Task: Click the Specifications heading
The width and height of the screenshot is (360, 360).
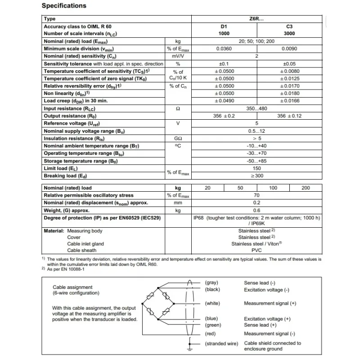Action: point(63,6)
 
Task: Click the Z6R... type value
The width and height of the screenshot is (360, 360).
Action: point(256,19)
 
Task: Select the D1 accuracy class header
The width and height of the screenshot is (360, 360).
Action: point(224,27)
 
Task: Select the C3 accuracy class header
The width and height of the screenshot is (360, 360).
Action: point(289,27)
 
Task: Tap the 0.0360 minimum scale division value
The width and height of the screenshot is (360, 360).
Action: point(224,48)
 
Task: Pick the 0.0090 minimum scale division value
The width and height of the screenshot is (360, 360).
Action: point(289,48)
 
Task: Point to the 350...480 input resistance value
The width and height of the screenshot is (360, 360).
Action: point(256,108)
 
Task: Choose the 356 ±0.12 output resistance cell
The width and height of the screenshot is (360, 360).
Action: point(289,116)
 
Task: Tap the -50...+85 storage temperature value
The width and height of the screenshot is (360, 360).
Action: point(256,161)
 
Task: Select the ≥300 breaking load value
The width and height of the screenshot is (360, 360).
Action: point(256,175)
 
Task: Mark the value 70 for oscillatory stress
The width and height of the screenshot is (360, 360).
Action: point(256,195)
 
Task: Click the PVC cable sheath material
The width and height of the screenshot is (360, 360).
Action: point(256,251)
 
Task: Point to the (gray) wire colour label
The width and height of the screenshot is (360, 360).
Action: point(211,283)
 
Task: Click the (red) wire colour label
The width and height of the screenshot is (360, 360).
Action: point(210,333)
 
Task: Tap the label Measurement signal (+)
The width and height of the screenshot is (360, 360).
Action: point(270,303)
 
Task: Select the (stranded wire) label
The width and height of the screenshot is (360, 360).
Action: point(221,344)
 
